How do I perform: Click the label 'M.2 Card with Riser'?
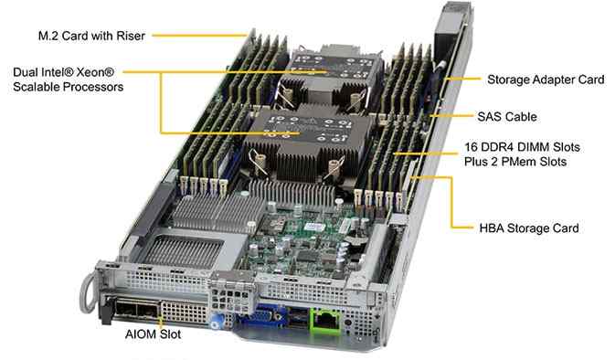coord(91,36)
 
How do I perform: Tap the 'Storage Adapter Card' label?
coord(546,79)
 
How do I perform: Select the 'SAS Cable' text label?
coord(507,116)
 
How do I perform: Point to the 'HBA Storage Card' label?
coord(529,228)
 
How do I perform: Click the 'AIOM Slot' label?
coord(153,334)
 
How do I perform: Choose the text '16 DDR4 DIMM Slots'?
coord(522,147)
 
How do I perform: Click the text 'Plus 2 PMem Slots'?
coord(515,162)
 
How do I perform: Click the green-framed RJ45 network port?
coord(325,322)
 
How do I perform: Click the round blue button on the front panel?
coord(216,323)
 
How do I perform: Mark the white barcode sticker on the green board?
coord(314,228)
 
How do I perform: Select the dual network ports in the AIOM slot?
coord(136,310)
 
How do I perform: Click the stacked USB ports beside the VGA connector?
coord(298,318)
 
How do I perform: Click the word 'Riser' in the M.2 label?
coord(131,36)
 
